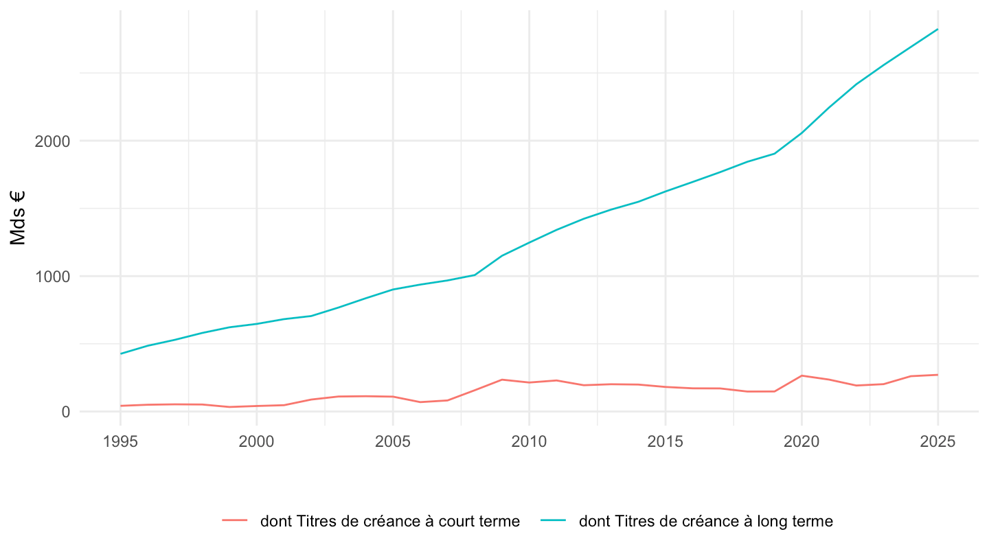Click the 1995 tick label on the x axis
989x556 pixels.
(x=120, y=442)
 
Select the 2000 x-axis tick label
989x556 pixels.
(x=257, y=442)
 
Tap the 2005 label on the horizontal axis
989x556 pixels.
(x=393, y=442)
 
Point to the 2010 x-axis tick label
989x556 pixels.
(x=529, y=442)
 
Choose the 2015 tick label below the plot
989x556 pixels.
(x=666, y=442)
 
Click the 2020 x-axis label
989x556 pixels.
(x=802, y=442)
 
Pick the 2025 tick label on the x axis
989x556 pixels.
(x=937, y=442)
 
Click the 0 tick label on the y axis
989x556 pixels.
(x=66, y=412)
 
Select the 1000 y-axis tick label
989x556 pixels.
(x=52, y=277)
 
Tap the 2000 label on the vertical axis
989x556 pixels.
(x=52, y=141)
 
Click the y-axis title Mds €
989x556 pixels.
(x=18, y=218)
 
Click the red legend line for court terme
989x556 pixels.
(x=234, y=521)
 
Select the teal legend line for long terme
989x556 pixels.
(x=554, y=521)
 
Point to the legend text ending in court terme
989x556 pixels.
(x=390, y=521)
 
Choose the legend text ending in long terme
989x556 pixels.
(x=706, y=521)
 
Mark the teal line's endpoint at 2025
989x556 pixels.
(x=937, y=30)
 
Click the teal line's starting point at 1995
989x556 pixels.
(x=121, y=354)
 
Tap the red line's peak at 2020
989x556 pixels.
(x=802, y=375)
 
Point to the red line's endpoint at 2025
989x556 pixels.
(x=937, y=375)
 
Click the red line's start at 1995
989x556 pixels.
(x=121, y=406)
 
